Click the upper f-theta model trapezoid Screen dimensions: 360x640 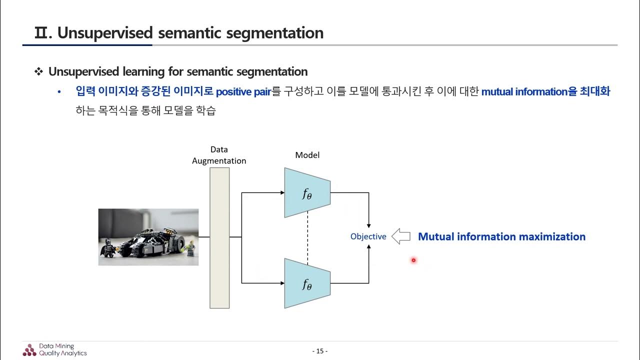[x=307, y=192]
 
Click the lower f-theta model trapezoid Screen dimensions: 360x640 [x=307, y=283]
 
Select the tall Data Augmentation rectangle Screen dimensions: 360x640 [x=219, y=237]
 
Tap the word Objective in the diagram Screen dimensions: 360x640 [x=368, y=236]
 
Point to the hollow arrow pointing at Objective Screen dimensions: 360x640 [x=400, y=236]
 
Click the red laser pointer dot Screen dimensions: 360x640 [x=413, y=260]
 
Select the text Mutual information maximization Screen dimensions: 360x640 [x=501, y=236]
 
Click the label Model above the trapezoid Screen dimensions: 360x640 [x=307, y=155]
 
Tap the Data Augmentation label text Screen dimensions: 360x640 [x=219, y=155]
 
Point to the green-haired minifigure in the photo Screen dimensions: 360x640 [x=190, y=247]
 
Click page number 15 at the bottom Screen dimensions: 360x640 [x=319, y=351]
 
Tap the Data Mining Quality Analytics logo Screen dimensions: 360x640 [x=55, y=349]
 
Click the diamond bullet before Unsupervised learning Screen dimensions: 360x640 [x=38, y=71]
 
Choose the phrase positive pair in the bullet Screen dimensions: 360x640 [x=243, y=92]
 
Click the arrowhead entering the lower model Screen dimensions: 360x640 [x=281, y=283]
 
